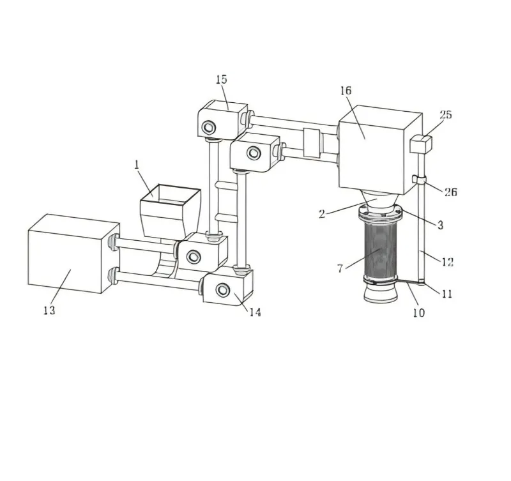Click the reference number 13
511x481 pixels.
[x=49, y=310]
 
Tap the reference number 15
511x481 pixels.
[x=221, y=79]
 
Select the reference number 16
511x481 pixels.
[x=346, y=91]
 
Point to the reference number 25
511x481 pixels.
[x=446, y=114]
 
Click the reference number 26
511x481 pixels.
[x=450, y=192]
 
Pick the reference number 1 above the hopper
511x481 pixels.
[x=137, y=164]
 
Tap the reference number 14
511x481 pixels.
[x=254, y=312]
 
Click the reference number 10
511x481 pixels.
[x=418, y=313]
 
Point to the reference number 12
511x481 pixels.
[x=447, y=261]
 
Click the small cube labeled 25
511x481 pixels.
[x=420, y=144]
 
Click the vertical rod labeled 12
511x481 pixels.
[x=422, y=236]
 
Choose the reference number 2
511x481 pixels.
[x=323, y=214]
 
